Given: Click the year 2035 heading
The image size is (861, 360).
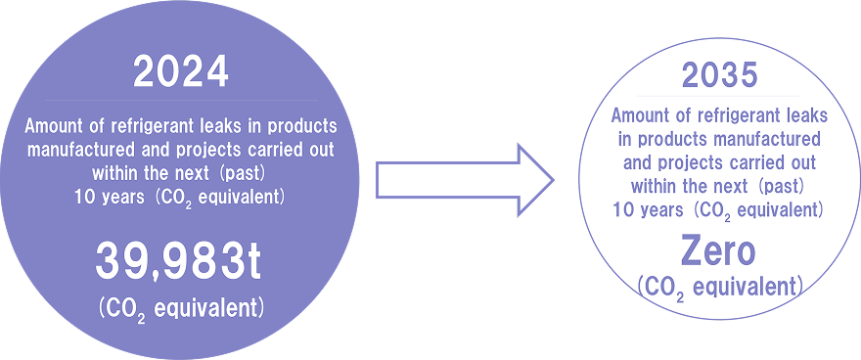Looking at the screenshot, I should click(x=718, y=77).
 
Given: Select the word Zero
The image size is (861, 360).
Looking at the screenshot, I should click(x=718, y=251).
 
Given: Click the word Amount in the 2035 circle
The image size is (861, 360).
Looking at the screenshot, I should click(x=639, y=115).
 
